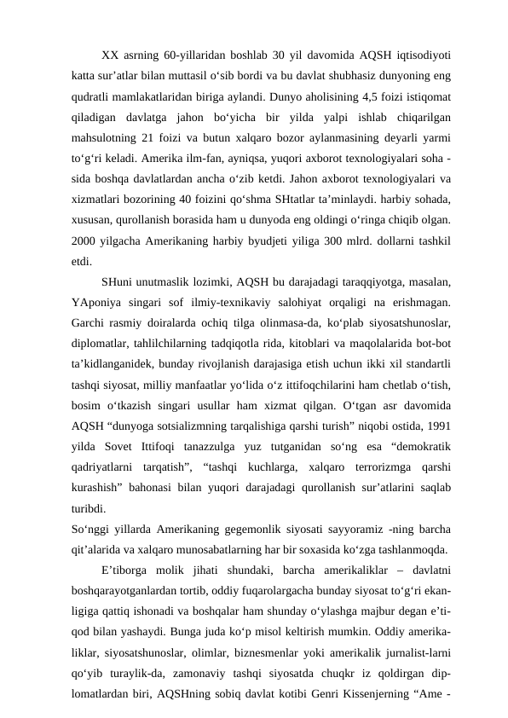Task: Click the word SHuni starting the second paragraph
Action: pyautogui.click(x=118, y=281)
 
